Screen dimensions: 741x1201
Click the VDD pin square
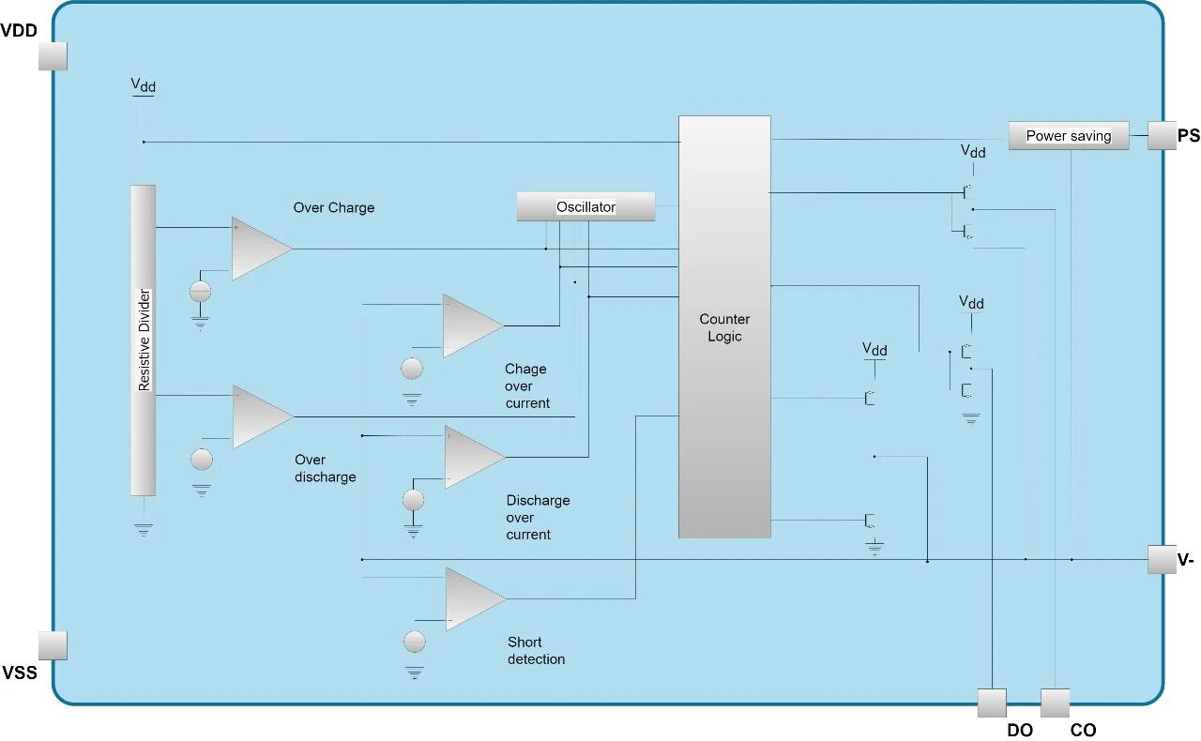coord(53,55)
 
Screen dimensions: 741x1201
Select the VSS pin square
coord(53,645)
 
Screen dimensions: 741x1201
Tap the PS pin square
coord(1163,135)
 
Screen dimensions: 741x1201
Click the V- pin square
coord(1163,560)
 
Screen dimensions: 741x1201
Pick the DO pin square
coord(992,703)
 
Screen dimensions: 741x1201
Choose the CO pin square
coord(1056,703)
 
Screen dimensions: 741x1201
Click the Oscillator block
coord(585,206)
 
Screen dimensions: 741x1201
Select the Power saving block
coord(1068,136)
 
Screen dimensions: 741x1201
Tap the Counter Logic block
coord(724,326)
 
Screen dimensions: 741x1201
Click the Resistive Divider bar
coord(143,340)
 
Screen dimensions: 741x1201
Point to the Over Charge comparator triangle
coord(260,249)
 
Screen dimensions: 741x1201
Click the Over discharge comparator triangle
coord(261,416)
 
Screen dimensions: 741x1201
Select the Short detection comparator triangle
coord(474,597)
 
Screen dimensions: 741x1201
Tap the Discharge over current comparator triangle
coord(473,457)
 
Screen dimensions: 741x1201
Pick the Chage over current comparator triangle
coord(471,325)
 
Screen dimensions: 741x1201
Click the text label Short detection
coord(536,651)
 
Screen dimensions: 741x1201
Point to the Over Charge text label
coord(333,208)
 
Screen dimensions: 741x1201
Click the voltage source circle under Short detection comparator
coord(414,642)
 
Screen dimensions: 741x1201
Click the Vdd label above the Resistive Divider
coord(143,86)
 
